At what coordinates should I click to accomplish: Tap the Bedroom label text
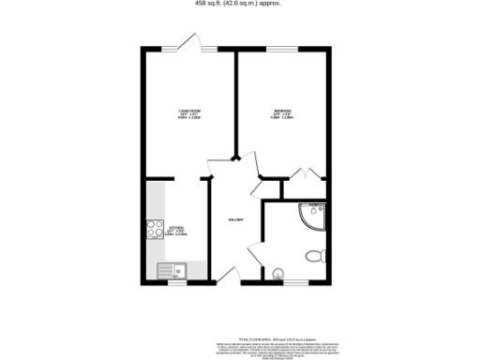283,114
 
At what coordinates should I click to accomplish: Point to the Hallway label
236,220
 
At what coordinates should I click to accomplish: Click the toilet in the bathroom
314,255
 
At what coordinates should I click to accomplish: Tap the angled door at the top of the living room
202,42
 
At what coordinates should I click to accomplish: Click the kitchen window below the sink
172,282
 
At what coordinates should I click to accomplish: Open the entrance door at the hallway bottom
225,275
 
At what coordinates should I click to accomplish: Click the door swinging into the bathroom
254,250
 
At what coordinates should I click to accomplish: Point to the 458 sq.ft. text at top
240,4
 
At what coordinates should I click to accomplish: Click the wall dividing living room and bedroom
235,103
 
